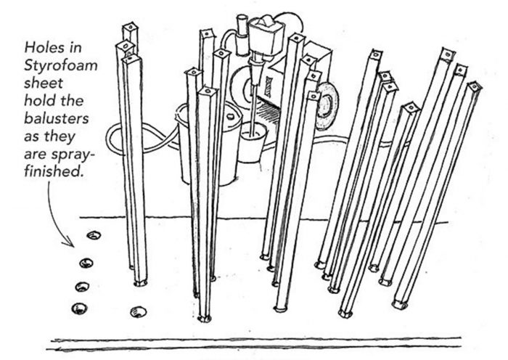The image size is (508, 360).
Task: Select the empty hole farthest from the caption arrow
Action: coord(136,312)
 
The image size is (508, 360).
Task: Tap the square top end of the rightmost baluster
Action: coord(475,87)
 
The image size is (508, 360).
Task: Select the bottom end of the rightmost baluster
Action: coord(398,303)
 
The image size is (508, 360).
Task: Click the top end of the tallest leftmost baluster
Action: coord(130,29)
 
